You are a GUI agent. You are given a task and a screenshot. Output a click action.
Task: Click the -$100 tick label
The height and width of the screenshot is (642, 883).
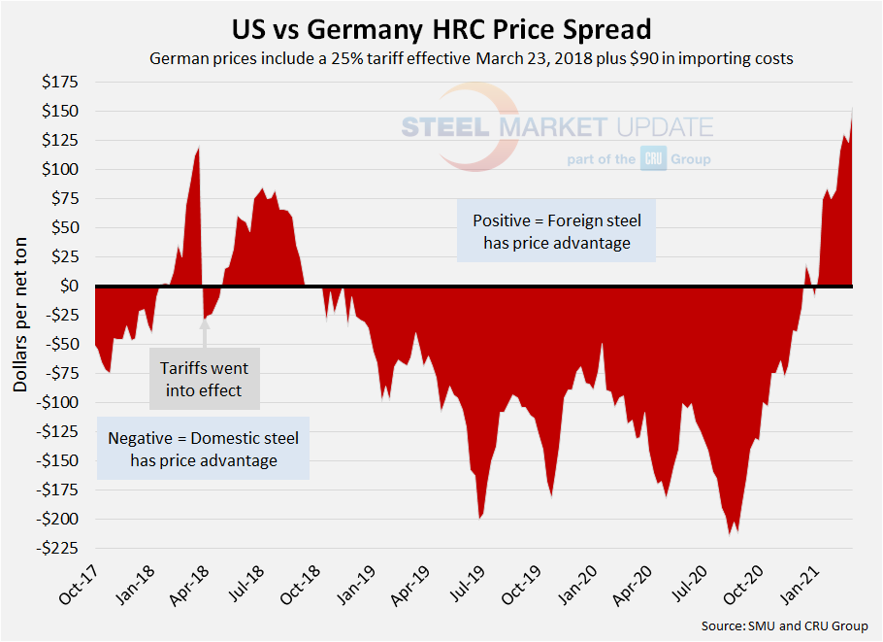click(58, 402)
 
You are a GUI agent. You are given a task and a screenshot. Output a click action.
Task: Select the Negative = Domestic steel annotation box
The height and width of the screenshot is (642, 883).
click(204, 449)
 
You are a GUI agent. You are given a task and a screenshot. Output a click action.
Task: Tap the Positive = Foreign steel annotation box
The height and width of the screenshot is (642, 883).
click(556, 232)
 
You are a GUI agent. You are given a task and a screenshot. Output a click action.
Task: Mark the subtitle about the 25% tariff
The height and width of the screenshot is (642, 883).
click(471, 58)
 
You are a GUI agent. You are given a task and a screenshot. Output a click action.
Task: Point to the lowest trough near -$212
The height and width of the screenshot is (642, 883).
click(730, 533)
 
